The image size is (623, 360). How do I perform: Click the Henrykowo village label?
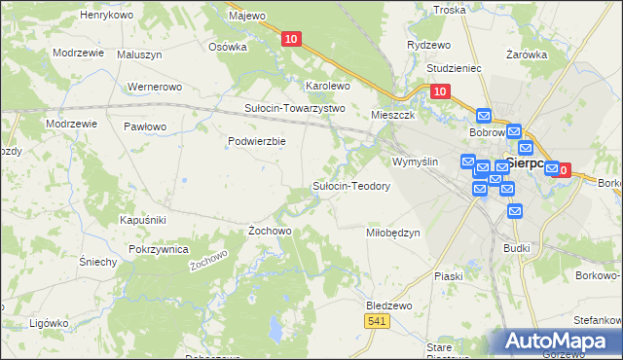coord(106,17)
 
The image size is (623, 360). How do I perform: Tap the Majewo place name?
coord(246,17)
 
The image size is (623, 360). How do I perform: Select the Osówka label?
coord(228,46)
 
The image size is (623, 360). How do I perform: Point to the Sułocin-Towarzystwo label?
coord(295,108)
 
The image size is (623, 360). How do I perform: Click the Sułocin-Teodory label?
coord(351,186)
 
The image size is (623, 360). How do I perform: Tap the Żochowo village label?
coord(270,231)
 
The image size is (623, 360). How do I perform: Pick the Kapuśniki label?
coord(143,221)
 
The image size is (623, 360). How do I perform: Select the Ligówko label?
coord(48,322)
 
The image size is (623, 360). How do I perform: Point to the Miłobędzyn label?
coord(392,233)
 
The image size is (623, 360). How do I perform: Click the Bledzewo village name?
coord(388,305)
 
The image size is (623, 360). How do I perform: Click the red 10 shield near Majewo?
coord(291,39)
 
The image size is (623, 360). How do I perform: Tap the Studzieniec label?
coord(456,69)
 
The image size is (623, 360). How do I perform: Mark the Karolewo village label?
coord(328,86)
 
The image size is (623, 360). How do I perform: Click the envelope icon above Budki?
coord(515,210)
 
